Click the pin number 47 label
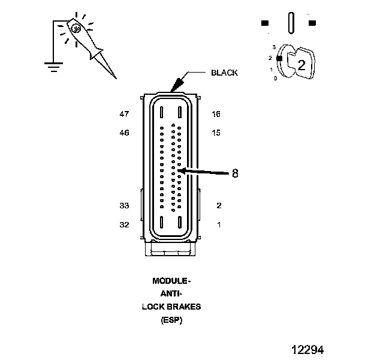[124, 114]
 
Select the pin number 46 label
[124, 133]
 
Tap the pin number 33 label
[124, 206]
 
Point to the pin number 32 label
[124, 225]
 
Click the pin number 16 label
[216, 114]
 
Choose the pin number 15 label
[216, 133]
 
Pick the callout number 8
[235, 173]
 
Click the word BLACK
[224, 73]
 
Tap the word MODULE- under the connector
[171, 281]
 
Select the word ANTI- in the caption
[171, 293]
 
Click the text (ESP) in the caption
[171, 320]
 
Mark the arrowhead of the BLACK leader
[176, 88]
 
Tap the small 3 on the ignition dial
[274, 46]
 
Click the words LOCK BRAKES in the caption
[171, 307]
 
